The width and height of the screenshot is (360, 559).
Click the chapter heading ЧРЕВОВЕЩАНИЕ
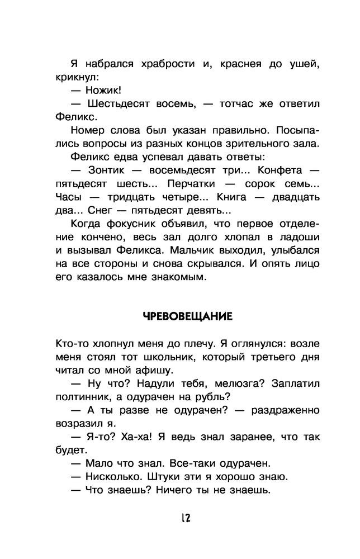click(187, 315)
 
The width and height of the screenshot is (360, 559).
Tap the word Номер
click(89, 130)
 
